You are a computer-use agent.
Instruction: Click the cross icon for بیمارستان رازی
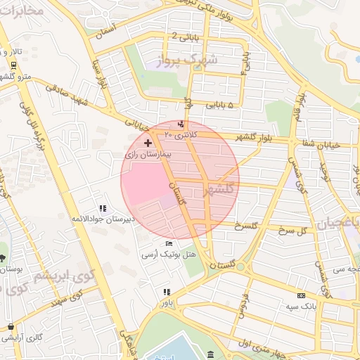(147, 143)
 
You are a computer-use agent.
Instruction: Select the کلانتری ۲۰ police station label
(181, 134)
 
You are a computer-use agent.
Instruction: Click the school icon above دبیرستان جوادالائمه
(103, 208)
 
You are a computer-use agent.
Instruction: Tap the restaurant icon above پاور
(167, 292)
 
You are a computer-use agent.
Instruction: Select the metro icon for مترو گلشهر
(13, 65)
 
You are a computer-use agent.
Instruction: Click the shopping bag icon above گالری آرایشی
(11, 326)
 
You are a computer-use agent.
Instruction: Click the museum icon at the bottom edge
(212, 354)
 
